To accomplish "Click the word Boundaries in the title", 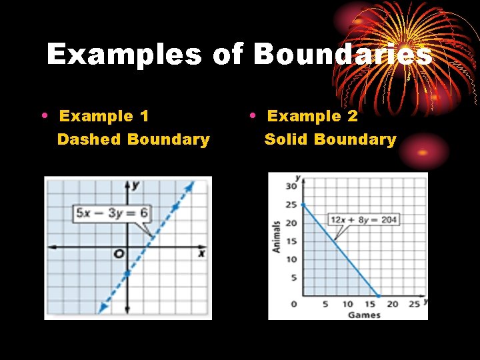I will coord(343,55).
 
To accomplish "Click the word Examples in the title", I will coord(124,55).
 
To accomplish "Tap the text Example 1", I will coord(104,116).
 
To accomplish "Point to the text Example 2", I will coord(312,116).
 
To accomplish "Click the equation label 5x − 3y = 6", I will coord(112,213).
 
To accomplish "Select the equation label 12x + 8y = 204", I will coord(363,219).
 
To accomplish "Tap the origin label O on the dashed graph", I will coord(118,254).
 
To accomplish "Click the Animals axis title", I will coord(276,236).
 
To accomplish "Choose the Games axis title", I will coord(363,314).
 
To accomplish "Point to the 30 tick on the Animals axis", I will coord(291,186).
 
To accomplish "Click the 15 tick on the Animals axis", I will coord(291,241).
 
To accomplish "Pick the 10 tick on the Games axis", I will coord(347,305).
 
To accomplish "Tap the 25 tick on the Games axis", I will coord(414,305).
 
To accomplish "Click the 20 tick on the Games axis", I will coord(392,305).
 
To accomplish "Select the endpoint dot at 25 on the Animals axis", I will coord(303,205).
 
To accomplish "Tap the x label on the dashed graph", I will coord(201,254).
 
